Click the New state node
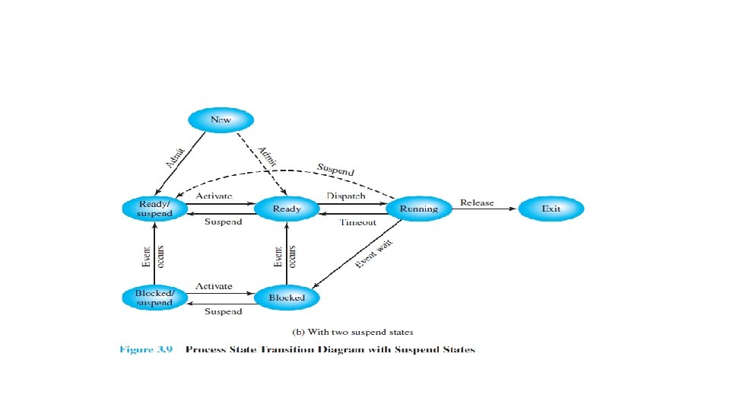click(x=221, y=119)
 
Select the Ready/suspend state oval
click(x=155, y=209)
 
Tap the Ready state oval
click(x=286, y=209)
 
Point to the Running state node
click(x=418, y=209)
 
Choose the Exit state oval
click(x=551, y=209)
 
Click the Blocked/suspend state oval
click(x=155, y=298)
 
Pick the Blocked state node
click(x=286, y=298)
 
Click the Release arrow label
click(x=477, y=202)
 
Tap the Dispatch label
click(x=346, y=196)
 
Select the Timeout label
click(x=357, y=222)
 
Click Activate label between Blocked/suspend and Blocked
click(x=214, y=286)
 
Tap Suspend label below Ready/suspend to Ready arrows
click(x=223, y=222)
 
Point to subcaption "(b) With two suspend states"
click(x=353, y=331)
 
